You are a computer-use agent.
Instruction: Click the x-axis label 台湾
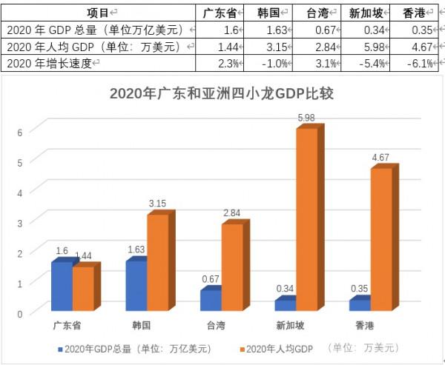(216, 326)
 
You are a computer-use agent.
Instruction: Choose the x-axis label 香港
(365, 326)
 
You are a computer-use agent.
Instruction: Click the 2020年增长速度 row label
(52, 64)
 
